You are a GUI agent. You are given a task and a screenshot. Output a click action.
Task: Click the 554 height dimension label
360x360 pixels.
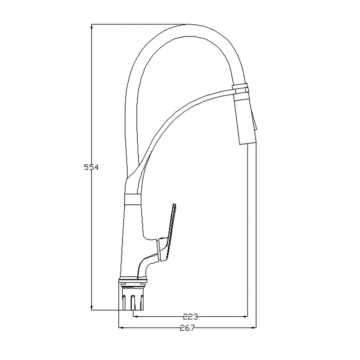point(91,167)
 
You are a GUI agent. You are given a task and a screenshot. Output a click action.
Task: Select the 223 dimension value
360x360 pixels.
point(190,317)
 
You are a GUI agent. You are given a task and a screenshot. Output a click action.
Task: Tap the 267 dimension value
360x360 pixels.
point(187,328)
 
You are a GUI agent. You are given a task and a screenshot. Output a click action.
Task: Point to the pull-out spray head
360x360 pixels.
point(245,119)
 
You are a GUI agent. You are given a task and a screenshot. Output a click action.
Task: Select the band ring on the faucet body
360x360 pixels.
point(132,199)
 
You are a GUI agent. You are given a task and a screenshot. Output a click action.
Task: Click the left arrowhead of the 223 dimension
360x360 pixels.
point(135,317)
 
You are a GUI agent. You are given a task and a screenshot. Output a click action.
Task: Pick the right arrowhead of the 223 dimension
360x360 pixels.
point(245,317)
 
